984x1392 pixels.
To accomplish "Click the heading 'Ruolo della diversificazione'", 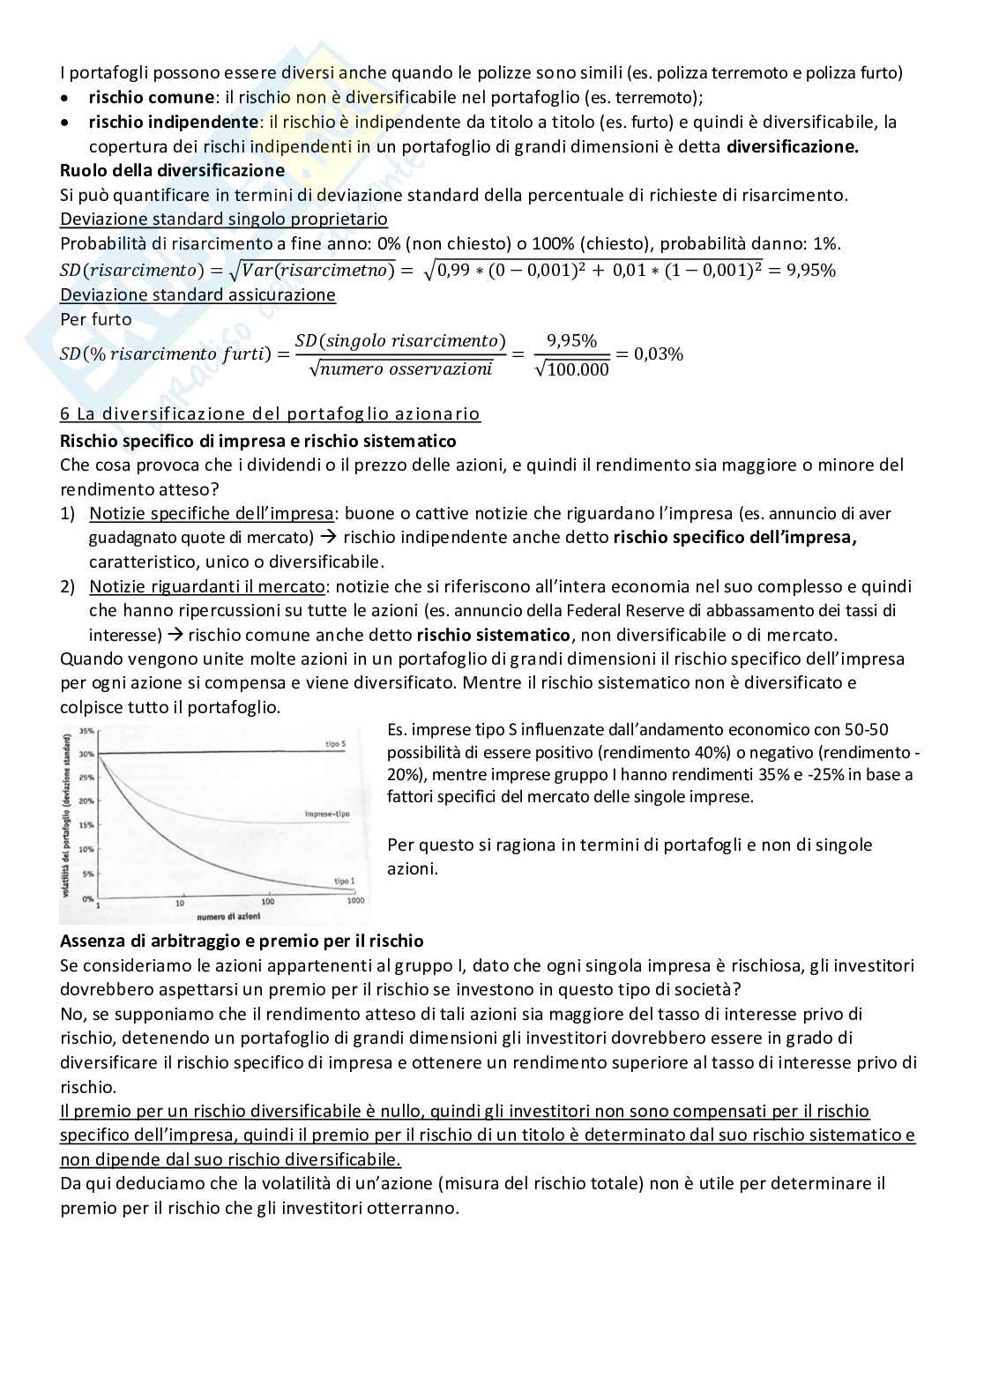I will [x=172, y=170].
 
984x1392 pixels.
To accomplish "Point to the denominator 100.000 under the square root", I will [x=578, y=370].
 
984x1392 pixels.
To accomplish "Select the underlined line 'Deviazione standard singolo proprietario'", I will [x=224, y=219].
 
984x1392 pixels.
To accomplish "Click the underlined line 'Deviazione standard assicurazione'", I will [x=198, y=294].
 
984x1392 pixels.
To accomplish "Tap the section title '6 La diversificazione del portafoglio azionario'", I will [x=270, y=413].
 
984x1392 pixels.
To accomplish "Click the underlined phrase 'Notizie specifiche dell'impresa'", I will [x=212, y=513].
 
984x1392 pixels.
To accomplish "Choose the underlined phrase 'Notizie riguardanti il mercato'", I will [x=207, y=586].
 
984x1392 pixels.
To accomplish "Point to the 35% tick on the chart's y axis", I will [x=86, y=731].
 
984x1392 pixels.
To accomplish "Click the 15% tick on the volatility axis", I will [x=86, y=825].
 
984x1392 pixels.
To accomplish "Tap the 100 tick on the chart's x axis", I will [x=268, y=901].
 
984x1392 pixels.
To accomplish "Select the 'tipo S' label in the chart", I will [x=335, y=744].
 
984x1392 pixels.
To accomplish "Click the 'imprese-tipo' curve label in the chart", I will [x=324, y=814].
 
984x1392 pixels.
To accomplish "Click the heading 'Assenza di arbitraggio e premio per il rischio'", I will [x=242, y=942].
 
